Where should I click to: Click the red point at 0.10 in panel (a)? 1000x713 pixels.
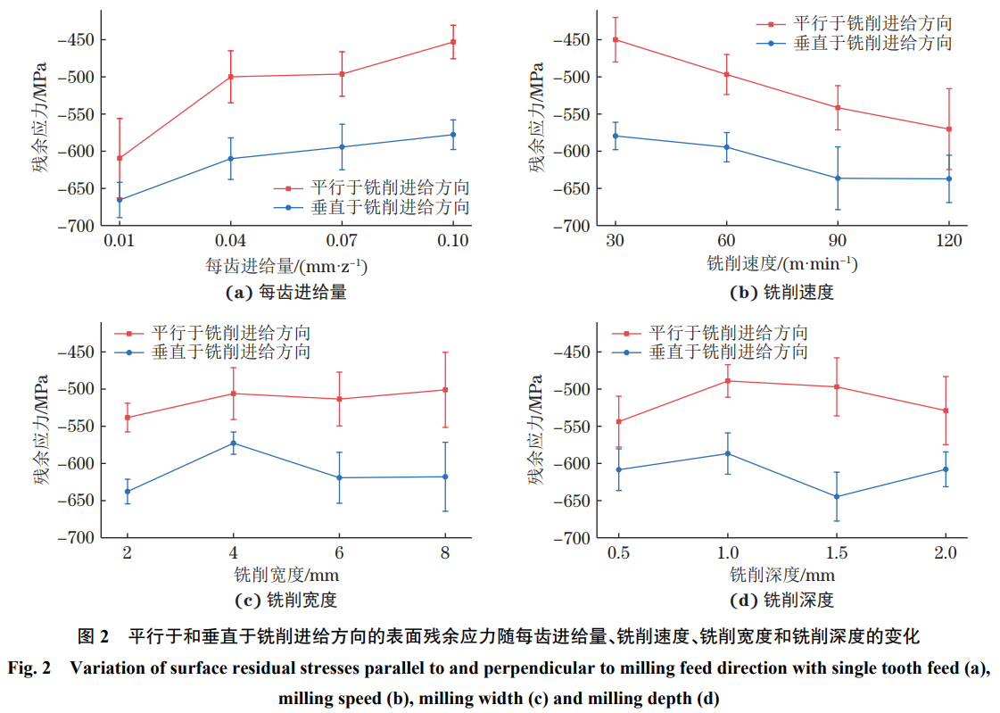point(453,42)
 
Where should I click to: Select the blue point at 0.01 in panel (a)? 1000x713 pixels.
point(120,200)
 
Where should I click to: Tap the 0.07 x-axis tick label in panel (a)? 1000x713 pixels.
point(342,241)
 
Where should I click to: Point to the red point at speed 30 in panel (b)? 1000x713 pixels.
point(615,39)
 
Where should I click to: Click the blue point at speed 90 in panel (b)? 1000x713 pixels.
point(837,178)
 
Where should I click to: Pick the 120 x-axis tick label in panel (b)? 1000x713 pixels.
point(948,241)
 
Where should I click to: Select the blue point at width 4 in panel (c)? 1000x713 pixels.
point(233,443)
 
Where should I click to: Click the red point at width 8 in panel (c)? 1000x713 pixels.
point(444,390)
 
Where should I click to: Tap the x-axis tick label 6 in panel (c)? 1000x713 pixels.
point(338,553)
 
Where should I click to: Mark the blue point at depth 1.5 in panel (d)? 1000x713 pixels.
point(836,496)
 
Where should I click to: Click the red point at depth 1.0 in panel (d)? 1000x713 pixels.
point(727,381)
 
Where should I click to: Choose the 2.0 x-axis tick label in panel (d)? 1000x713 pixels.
point(945,553)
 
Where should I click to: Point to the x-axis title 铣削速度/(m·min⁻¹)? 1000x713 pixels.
point(781,265)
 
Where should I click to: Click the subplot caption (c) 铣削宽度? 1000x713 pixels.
point(283,600)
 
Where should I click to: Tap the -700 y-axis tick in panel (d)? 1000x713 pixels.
point(574,538)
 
